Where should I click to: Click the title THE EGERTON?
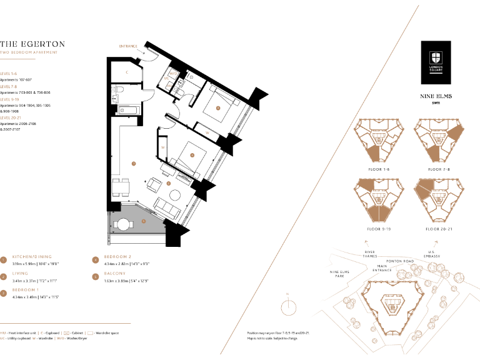pos(32,44)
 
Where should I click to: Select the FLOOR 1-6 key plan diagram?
pos(376,142)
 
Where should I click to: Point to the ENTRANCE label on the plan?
pos(127,46)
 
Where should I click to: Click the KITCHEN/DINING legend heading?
pos(32,257)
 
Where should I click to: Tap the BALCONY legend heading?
pos(115,274)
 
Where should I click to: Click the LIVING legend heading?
pos(21,274)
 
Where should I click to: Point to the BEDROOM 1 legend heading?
pos(26,291)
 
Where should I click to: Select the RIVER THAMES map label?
pos(369,254)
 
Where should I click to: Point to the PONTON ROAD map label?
pos(400,261)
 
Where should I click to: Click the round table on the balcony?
pos(122,225)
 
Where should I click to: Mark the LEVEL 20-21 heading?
pos(13,117)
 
